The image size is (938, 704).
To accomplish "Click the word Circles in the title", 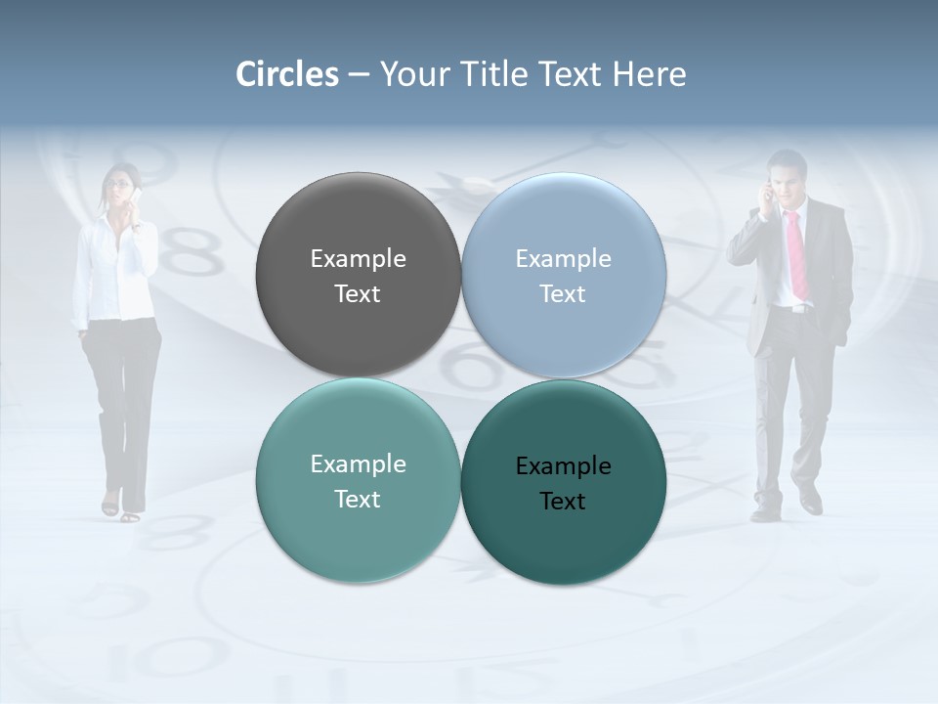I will (x=286, y=74).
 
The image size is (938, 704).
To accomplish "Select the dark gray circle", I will (x=358, y=275).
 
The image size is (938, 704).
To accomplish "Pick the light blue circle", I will (x=564, y=275).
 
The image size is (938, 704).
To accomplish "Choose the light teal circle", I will (x=358, y=480).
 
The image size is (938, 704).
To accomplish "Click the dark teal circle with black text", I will (x=564, y=482).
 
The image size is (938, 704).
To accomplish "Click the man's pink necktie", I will (x=797, y=254).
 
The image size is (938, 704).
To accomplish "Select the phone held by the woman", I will (x=138, y=198).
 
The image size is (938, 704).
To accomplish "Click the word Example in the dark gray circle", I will (x=358, y=258).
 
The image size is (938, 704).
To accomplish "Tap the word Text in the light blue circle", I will (x=563, y=293).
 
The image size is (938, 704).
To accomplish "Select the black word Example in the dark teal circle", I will (x=563, y=465).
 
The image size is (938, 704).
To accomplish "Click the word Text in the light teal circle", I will (x=358, y=499).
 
